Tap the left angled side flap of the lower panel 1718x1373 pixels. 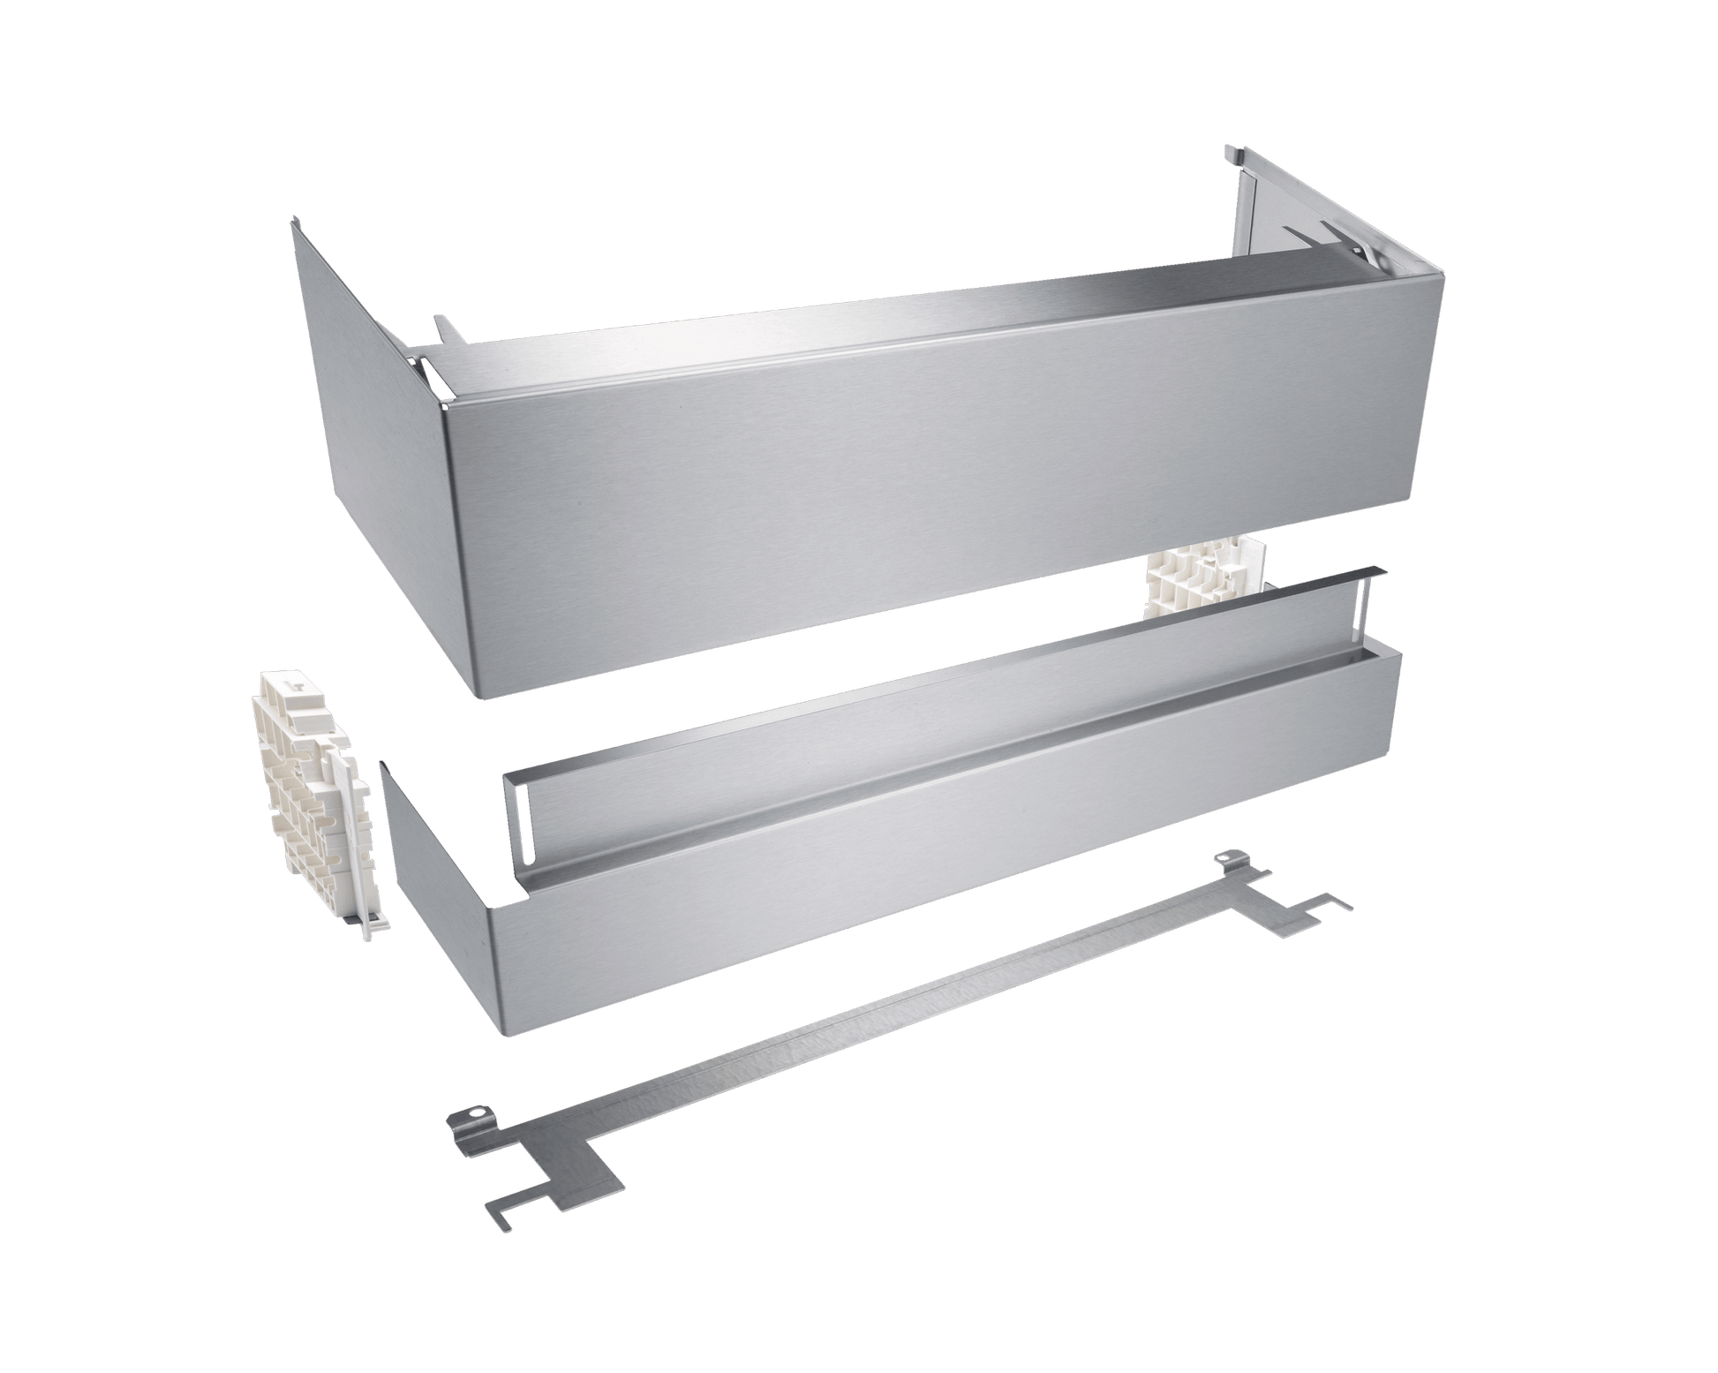(x=433, y=848)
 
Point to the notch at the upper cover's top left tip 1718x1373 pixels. (x=296, y=227)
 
